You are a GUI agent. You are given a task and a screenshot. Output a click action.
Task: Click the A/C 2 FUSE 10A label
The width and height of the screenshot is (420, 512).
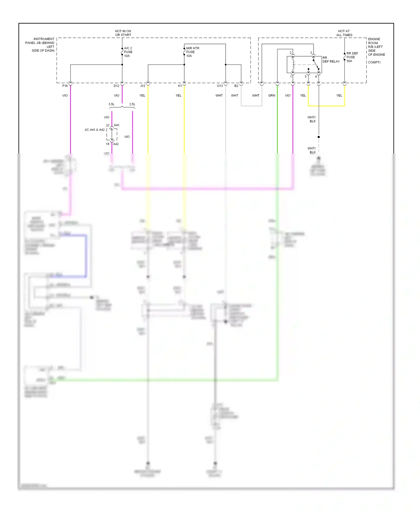click(128, 52)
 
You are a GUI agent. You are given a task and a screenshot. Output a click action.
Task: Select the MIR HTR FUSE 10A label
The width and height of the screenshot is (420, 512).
click(192, 52)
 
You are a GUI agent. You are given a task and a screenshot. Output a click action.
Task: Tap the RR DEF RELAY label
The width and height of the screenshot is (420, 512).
click(331, 60)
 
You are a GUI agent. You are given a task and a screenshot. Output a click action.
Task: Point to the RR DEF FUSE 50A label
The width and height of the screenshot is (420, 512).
click(352, 57)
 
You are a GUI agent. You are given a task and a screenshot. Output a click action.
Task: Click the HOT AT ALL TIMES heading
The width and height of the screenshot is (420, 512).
click(344, 33)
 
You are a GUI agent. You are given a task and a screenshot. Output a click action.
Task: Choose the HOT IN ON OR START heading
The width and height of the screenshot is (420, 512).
click(123, 33)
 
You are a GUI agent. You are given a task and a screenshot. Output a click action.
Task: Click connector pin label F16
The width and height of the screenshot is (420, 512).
click(65, 86)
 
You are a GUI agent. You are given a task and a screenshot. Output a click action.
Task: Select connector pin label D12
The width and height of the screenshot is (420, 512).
click(116, 86)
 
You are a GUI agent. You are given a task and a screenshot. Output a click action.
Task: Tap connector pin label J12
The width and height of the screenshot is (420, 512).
click(143, 86)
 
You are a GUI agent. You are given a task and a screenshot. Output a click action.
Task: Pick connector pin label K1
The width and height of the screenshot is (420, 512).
click(180, 86)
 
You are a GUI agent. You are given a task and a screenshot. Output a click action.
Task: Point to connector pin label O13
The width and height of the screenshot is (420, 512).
click(220, 86)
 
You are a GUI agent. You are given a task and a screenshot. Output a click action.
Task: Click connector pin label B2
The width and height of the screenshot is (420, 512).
click(236, 86)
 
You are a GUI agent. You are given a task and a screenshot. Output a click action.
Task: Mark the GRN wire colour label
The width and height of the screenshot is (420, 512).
click(272, 96)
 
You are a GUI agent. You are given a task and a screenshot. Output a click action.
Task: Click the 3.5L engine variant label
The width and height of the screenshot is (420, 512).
click(111, 104)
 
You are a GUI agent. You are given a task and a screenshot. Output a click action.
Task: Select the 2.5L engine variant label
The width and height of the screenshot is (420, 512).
click(132, 104)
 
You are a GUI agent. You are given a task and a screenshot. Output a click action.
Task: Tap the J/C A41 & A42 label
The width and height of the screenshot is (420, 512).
click(94, 130)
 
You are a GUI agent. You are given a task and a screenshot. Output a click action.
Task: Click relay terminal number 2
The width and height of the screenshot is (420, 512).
click(290, 53)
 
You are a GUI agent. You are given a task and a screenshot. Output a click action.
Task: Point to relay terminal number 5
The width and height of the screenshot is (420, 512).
click(305, 76)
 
